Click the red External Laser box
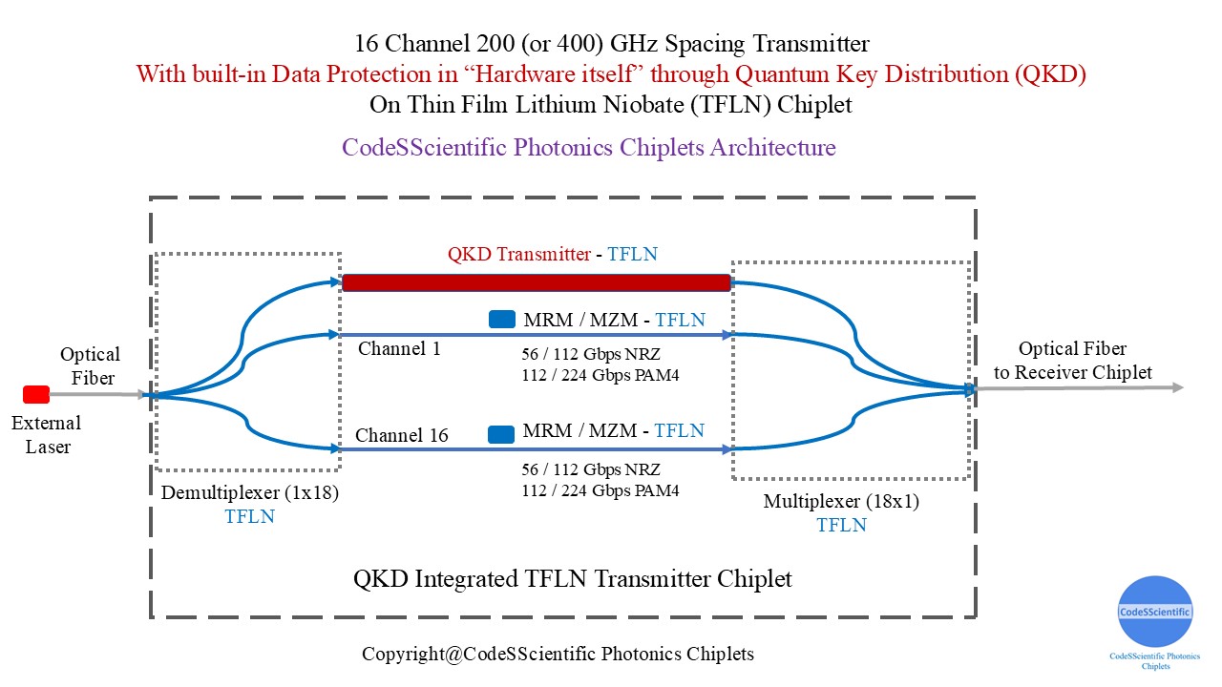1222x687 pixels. tap(36, 394)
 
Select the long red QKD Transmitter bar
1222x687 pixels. tap(536, 282)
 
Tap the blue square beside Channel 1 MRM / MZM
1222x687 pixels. tap(502, 320)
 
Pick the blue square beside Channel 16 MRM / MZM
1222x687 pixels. tap(502, 434)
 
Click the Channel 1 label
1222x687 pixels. tap(399, 349)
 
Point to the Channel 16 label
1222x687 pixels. tap(401, 436)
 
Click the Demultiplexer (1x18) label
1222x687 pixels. tap(249, 492)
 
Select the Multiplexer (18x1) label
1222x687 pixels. tap(841, 502)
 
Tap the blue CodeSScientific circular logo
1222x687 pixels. tap(1155, 612)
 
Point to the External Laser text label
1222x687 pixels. tap(46, 434)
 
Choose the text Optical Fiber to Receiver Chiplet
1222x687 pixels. tap(1072, 361)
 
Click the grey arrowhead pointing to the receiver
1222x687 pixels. tap(1178, 387)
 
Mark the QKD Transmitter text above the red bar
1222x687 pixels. tap(518, 255)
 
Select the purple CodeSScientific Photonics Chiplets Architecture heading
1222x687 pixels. tap(589, 148)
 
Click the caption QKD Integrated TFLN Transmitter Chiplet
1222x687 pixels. tap(573, 578)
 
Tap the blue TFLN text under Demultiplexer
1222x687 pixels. tap(249, 516)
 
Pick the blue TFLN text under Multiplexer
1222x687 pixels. tap(841, 525)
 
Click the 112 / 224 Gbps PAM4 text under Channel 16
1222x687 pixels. tap(600, 491)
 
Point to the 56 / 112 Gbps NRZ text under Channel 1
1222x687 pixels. tap(591, 354)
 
